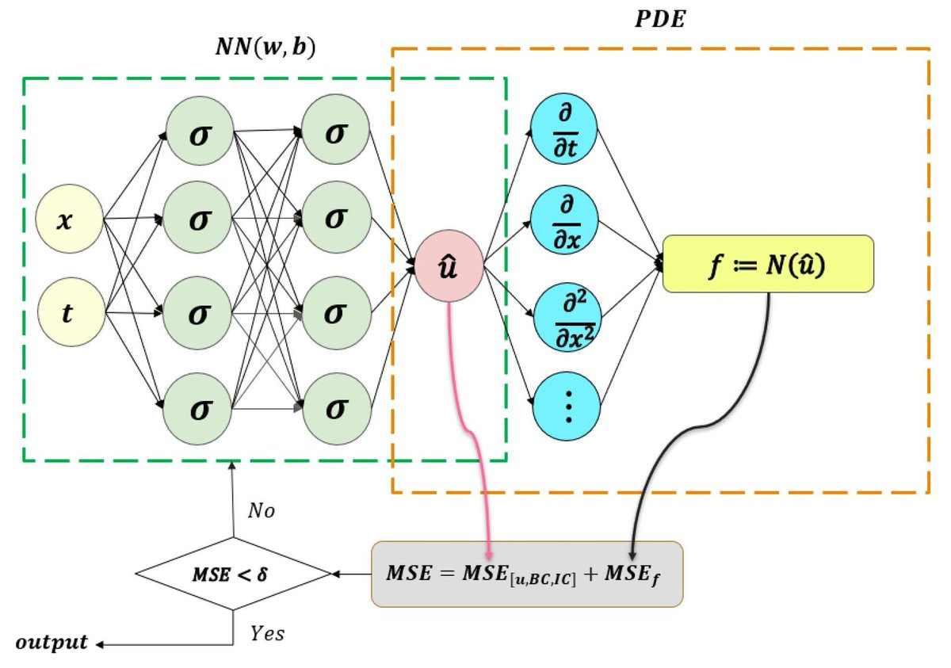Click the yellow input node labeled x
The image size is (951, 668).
coord(69,219)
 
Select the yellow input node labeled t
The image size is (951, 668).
coord(71,312)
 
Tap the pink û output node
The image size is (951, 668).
coord(449,266)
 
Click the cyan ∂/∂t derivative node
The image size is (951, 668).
coord(564,128)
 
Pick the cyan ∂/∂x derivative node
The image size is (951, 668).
coord(564,219)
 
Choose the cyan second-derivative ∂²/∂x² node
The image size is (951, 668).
coord(567,317)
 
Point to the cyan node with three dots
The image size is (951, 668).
coord(567,407)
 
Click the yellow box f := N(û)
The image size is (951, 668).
coord(768,264)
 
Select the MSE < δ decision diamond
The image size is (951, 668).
coord(233,574)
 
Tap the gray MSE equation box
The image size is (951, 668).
coord(527,574)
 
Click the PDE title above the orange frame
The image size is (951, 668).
coord(660,19)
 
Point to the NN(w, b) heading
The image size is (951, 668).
coord(265,47)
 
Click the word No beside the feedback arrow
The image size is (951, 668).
coord(261,510)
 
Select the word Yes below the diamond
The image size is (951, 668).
coord(267,633)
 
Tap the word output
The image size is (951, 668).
coord(52,643)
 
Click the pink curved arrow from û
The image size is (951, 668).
coord(469,432)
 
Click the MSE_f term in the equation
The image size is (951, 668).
coord(632,574)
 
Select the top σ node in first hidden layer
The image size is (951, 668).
coord(200,131)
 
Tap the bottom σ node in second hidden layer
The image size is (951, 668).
coord(337,409)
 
